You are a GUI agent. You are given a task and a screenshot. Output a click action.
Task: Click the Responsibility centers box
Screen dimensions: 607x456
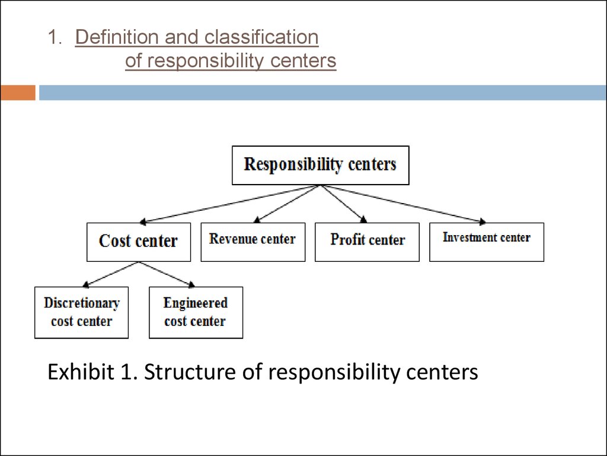click(x=321, y=165)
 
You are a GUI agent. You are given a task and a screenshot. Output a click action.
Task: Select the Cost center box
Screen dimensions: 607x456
click(x=139, y=242)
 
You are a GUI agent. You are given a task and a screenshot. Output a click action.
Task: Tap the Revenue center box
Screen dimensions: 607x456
click(x=253, y=242)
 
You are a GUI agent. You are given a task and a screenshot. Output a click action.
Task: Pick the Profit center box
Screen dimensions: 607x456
click(x=367, y=242)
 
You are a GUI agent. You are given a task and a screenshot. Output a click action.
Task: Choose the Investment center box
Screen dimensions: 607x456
click(x=487, y=242)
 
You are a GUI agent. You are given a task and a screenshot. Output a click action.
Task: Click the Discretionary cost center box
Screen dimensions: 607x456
click(x=81, y=312)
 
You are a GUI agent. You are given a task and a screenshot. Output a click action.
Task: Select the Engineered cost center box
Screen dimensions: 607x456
click(x=196, y=312)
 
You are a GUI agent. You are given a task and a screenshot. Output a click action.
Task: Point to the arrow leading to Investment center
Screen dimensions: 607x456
click(x=403, y=204)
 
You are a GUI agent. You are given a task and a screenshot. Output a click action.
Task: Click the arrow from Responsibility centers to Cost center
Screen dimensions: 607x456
click(x=230, y=204)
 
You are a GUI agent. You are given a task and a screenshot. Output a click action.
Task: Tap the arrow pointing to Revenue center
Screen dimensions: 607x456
click(x=287, y=204)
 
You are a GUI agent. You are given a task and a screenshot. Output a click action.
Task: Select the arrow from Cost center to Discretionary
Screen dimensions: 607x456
click(x=111, y=274)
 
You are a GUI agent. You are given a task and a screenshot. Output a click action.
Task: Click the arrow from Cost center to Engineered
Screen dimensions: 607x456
click(x=167, y=274)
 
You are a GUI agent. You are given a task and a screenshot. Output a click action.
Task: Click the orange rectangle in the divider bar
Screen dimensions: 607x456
click(x=18, y=93)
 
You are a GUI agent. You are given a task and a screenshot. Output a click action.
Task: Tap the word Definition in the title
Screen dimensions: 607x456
click(x=117, y=37)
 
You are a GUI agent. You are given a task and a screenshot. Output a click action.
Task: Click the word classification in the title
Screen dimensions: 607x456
click(x=261, y=37)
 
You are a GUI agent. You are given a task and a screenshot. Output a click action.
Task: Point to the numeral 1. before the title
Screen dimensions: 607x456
click(x=55, y=37)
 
